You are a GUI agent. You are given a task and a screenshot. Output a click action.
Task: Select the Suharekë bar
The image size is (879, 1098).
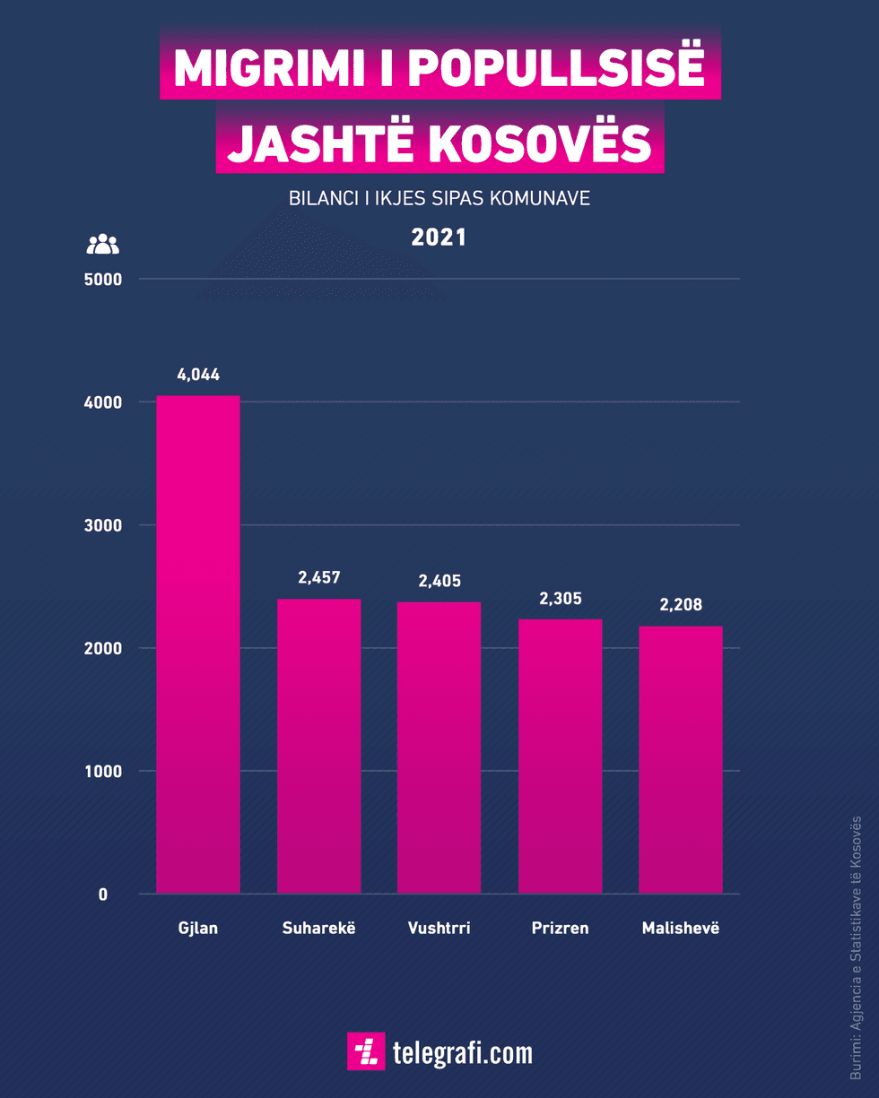[318, 746]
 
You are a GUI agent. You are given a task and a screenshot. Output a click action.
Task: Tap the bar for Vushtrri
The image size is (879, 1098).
[439, 748]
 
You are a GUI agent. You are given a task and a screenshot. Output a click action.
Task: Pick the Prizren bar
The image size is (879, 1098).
[560, 756]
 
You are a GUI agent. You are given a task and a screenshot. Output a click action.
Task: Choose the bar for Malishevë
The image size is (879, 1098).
[681, 759]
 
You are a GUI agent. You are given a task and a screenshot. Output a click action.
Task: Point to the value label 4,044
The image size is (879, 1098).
[198, 375]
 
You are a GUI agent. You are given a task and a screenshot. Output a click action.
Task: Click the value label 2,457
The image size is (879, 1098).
[319, 578]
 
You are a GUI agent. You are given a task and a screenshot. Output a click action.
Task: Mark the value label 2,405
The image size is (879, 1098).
[439, 581]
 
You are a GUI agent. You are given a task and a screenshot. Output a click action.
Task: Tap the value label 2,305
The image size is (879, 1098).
[560, 598]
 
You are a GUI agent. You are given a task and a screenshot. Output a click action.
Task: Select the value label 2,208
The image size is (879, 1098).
[681, 605]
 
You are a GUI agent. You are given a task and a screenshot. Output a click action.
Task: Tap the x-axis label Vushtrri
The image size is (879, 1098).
[439, 928]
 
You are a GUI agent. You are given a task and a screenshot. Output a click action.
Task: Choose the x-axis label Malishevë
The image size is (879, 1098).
[681, 928]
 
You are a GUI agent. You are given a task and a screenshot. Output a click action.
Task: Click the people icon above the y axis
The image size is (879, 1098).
[102, 244]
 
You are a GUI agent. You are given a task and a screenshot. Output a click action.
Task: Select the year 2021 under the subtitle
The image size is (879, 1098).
[439, 238]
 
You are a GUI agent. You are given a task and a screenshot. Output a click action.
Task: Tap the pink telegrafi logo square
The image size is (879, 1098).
[366, 1051]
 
